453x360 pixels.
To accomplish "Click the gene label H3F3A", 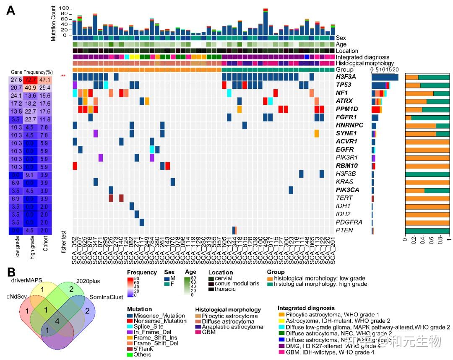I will tap(345, 77).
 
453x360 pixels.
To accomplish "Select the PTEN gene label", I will tap(343, 231).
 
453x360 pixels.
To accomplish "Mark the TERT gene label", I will tap(343, 198).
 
